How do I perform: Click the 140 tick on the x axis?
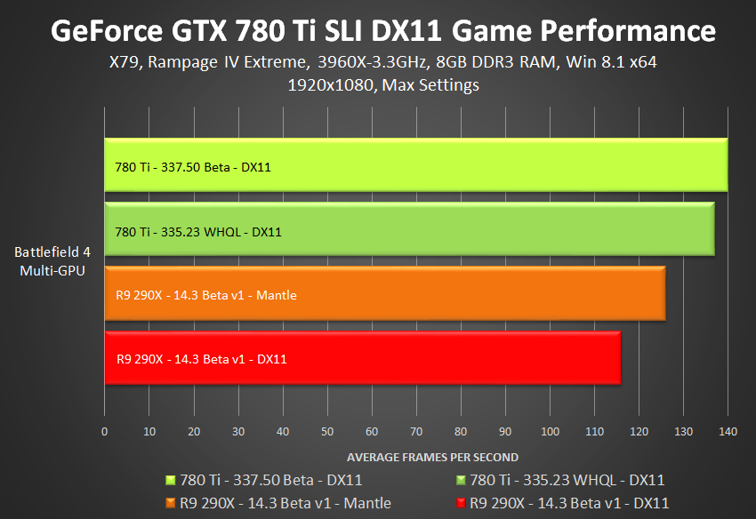[728, 432]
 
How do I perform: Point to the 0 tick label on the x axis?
[105, 432]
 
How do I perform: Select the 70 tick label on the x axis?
[416, 432]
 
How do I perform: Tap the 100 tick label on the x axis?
[550, 432]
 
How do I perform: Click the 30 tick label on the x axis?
[238, 432]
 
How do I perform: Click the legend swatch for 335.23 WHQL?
[460, 481]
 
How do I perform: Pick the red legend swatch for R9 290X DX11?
[460, 503]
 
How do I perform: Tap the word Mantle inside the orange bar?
[278, 295]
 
